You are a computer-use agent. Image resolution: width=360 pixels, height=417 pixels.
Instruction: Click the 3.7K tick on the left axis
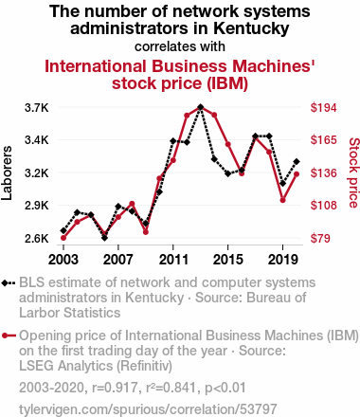[x=37, y=108]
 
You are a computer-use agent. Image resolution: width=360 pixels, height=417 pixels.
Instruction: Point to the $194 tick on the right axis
[x=323, y=108]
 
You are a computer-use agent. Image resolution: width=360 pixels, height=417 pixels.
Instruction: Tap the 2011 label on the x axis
[x=173, y=260]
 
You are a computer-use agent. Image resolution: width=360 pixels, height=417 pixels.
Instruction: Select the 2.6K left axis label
[x=37, y=238]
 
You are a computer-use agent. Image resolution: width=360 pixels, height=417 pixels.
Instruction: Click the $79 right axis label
[x=320, y=238]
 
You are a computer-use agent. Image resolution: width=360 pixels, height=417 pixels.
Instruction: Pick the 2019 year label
[x=282, y=260]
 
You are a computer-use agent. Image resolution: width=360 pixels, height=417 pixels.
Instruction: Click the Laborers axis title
[x=7, y=172]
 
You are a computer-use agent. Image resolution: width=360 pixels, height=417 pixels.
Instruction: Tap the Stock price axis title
[x=353, y=172]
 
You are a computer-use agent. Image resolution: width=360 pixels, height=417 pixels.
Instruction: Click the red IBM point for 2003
[x=63, y=238]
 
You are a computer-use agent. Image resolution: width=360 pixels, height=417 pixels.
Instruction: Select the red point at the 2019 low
[x=282, y=200]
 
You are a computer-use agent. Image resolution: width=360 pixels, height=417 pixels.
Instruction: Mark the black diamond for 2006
[x=104, y=238]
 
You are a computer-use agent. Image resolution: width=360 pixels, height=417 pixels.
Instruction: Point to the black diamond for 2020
[x=297, y=162]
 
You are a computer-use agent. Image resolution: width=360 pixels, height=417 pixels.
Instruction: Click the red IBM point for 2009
[x=146, y=232]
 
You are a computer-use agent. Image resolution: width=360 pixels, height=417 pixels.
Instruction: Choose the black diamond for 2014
[x=214, y=159]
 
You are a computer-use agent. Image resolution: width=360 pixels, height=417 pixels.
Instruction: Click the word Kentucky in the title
[x=251, y=28]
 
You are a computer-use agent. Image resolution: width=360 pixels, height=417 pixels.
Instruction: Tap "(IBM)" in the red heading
[x=227, y=83]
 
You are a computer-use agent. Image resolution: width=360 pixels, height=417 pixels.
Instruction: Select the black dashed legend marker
[x=9, y=283]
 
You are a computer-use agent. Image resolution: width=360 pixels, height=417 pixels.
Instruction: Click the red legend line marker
[x=9, y=335]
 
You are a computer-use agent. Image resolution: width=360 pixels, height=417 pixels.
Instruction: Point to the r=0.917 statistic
[x=115, y=388]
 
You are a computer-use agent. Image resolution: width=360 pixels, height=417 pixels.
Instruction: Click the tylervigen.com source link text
[x=148, y=409]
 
